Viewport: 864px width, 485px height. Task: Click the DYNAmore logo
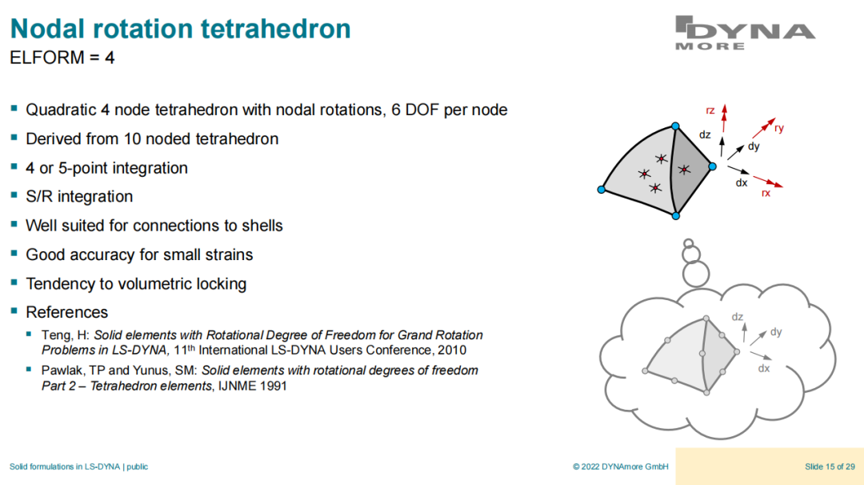click(745, 33)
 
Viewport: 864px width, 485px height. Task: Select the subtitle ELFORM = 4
click(62, 58)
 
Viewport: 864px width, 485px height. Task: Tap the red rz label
click(710, 110)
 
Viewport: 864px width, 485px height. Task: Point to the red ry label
click(778, 128)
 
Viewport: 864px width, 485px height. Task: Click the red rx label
click(766, 193)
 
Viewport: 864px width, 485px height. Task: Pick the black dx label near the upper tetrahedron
click(742, 182)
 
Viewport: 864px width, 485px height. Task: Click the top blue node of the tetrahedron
click(675, 126)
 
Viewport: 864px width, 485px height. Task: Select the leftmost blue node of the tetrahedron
click(601, 190)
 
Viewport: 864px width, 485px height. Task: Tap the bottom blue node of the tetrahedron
click(675, 216)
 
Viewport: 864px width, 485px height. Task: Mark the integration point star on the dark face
click(684, 170)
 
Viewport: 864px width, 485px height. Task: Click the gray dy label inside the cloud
click(776, 332)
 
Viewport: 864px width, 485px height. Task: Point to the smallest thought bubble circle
click(688, 243)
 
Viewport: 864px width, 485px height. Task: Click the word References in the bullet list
click(66, 312)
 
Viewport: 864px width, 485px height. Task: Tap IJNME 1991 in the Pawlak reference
click(252, 386)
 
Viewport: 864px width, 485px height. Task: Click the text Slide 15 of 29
click(830, 467)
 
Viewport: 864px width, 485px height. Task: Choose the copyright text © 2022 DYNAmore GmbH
click(621, 467)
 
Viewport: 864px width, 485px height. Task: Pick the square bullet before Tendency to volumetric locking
click(14, 283)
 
